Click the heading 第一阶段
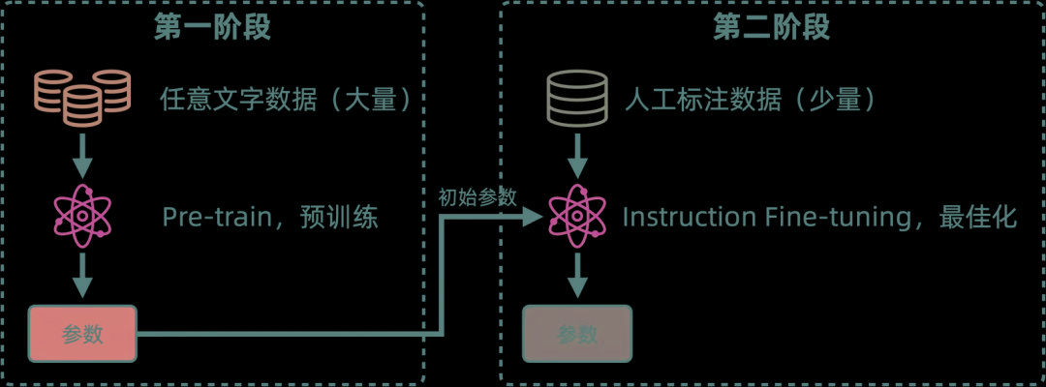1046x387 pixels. pos(212,27)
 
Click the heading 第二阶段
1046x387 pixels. pos(772,27)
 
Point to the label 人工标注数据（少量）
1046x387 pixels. pos(752,100)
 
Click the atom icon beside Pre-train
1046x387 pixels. pos(82,216)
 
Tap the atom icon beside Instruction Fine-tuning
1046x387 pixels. pos(577,216)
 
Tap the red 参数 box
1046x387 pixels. pos(82,335)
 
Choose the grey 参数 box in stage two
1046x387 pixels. pos(577,335)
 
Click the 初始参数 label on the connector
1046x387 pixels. pos(477,197)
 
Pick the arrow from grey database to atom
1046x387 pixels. pos(577,152)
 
